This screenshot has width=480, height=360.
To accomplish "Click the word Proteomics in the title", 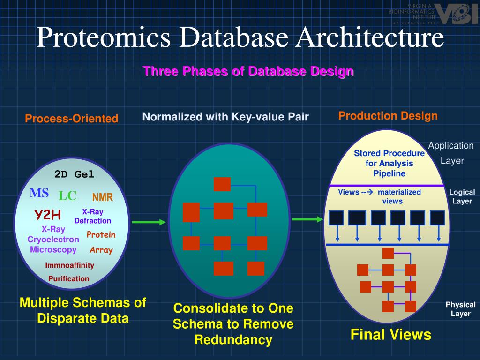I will pyautogui.click(x=100, y=38).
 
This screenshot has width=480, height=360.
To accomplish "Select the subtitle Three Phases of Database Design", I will pyautogui.click(x=248, y=71).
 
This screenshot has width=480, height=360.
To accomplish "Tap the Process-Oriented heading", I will pyautogui.click(x=72, y=119).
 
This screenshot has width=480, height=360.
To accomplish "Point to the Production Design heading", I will pyautogui.click(x=388, y=116).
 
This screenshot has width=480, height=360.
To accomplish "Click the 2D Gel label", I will pyautogui.click(x=74, y=174).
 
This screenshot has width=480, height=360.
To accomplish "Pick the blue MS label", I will pyautogui.click(x=39, y=193).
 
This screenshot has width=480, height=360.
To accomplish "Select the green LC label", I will pyautogui.click(x=67, y=196).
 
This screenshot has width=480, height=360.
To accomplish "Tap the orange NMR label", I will pyautogui.click(x=103, y=197).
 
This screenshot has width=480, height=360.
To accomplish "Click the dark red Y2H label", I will pyautogui.click(x=47, y=215).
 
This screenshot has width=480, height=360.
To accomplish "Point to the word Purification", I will pyautogui.click(x=69, y=278).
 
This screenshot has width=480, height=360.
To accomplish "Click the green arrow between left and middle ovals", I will pyautogui.click(x=149, y=222).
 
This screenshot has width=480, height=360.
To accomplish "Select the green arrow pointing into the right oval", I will pyautogui.click(x=308, y=219).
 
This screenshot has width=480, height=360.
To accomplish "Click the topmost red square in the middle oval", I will pyautogui.click(x=222, y=184).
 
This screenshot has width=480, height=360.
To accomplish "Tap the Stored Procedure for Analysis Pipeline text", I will pyautogui.click(x=389, y=164).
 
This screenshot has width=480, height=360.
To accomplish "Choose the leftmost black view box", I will pyautogui.click(x=336, y=218).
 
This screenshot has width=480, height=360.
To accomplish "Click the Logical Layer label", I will pyautogui.click(x=462, y=196).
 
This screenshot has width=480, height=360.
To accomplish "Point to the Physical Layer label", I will pyautogui.click(x=460, y=309).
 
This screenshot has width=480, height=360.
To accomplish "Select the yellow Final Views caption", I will pyautogui.click(x=391, y=335).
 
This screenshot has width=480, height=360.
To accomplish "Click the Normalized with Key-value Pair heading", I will pyautogui.click(x=225, y=117).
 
